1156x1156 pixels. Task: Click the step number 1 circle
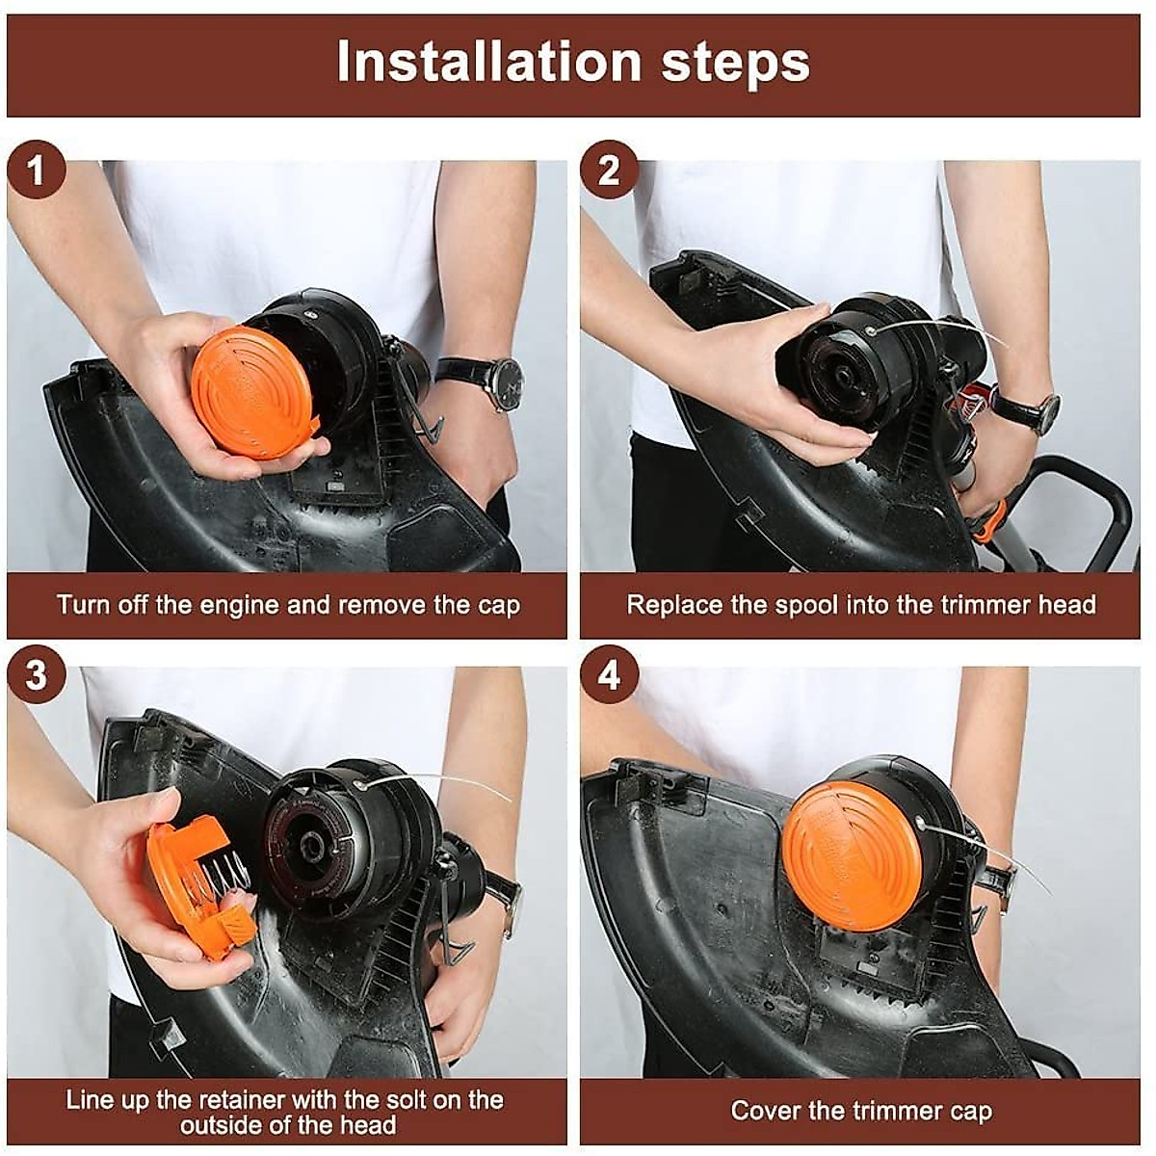[36, 170]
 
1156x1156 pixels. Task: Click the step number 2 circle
[609, 170]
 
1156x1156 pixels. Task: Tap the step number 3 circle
[36, 675]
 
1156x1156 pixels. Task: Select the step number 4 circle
[609, 675]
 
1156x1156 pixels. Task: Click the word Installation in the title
[488, 62]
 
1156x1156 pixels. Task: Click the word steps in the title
[735, 64]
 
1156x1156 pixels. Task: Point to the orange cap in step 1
[254, 392]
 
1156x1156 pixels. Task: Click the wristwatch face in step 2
[1045, 411]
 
